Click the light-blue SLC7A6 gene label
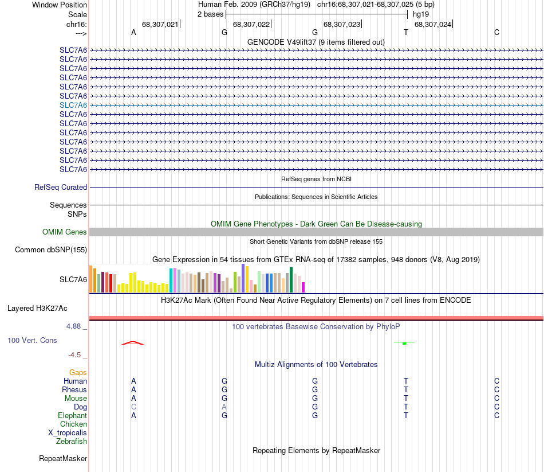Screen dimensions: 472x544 click(73, 105)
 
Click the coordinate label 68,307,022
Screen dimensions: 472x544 click(251, 24)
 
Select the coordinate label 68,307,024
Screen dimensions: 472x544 click(432, 24)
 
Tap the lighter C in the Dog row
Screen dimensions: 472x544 click(133, 407)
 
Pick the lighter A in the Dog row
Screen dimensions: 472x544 click(224, 407)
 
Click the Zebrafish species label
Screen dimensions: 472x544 click(72, 441)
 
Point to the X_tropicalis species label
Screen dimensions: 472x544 click(68, 432)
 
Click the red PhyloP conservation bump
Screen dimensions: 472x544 click(132, 343)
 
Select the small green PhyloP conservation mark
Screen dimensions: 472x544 click(404, 343)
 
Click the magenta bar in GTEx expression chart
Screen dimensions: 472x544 click(303, 287)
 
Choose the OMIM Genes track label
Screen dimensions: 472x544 click(65, 232)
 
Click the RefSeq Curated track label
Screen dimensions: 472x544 click(61, 187)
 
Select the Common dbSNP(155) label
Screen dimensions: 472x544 click(51, 249)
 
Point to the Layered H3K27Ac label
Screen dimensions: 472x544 click(37, 308)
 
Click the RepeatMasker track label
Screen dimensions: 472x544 click(63, 458)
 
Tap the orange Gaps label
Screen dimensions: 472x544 click(78, 372)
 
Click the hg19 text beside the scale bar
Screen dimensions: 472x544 click(421, 14)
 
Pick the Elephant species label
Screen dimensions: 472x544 click(72, 415)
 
